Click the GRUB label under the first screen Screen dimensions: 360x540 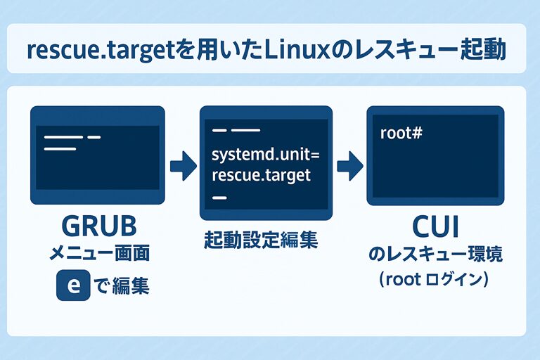click(x=98, y=226)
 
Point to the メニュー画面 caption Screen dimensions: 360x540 click(x=98, y=252)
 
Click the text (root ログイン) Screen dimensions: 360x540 click(x=435, y=280)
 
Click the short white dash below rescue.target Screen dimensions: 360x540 click(x=219, y=198)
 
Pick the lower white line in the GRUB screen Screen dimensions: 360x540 click(x=60, y=148)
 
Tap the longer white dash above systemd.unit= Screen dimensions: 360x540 click(x=245, y=131)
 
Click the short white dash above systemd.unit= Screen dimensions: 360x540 click(x=219, y=131)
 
